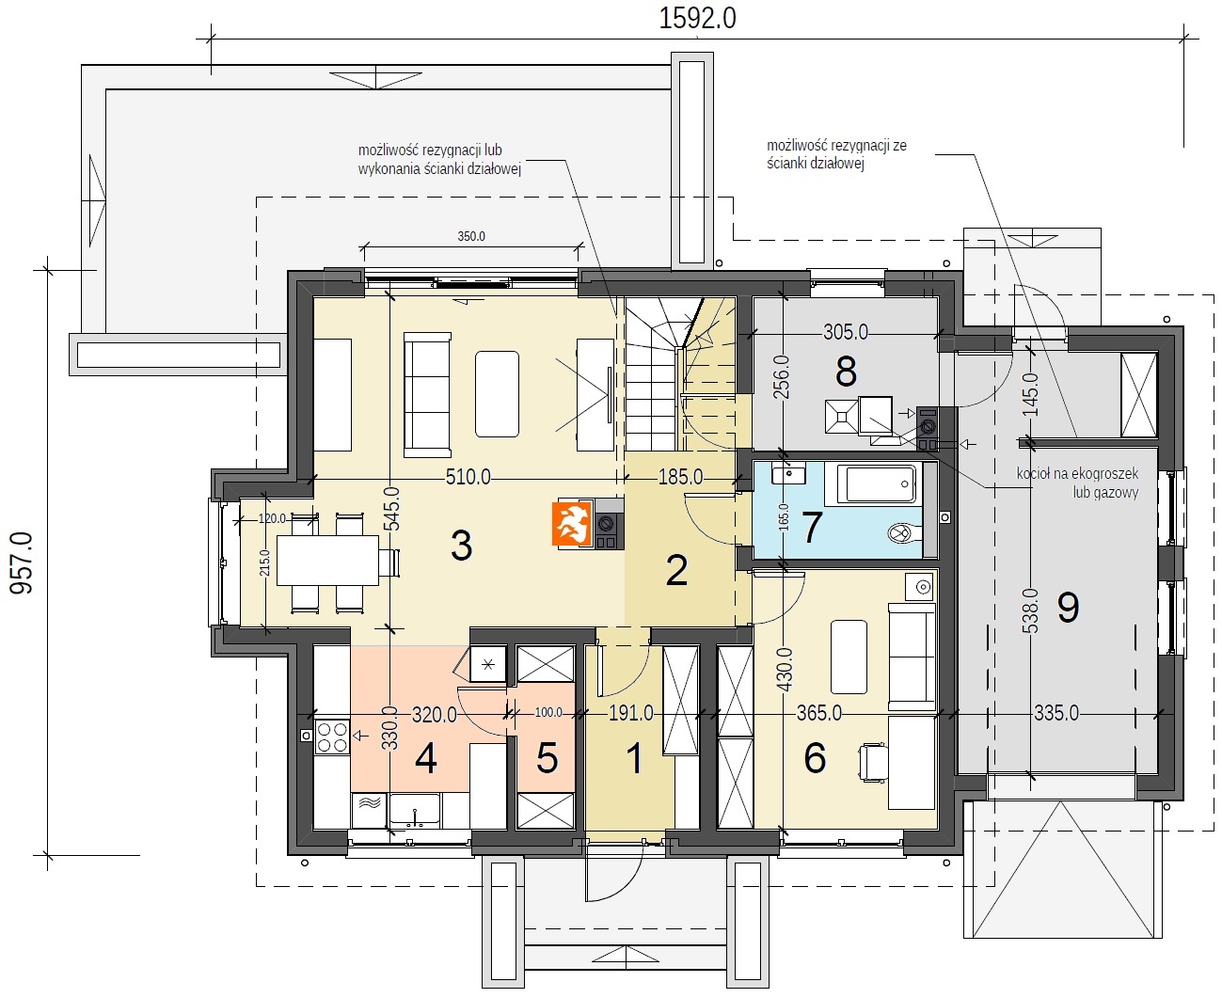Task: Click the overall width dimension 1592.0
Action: click(698, 19)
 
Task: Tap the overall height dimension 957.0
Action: click(22, 563)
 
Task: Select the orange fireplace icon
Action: click(572, 524)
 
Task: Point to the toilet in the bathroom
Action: click(904, 532)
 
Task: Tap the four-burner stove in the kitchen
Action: click(332, 737)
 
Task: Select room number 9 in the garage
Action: click(1068, 607)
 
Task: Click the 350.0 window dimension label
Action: click(471, 236)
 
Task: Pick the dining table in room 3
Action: click(327, 560)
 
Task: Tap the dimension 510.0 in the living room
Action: click(468, 477)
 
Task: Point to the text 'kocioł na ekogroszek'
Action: click(1077, 474)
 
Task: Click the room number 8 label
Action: click(846, 372)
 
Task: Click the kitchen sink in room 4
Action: click(414, 810)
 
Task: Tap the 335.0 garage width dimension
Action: click(1056, 713)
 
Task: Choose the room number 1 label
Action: click(634, 758)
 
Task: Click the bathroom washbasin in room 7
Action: click(788, 475)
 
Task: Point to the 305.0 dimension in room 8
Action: click(846, 332)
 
